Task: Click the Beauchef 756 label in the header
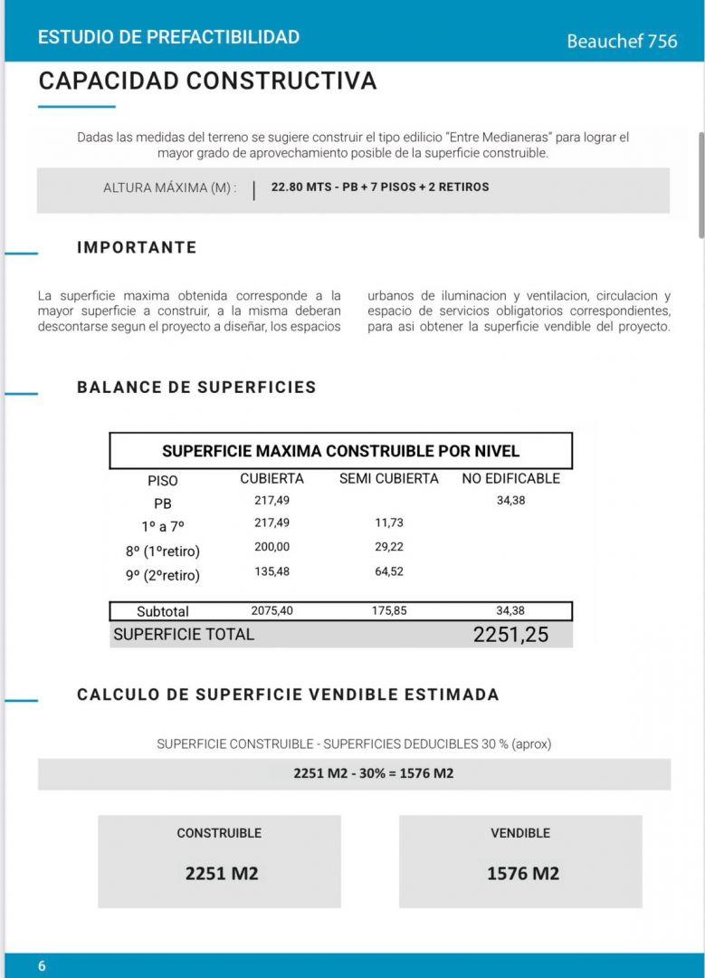tap(622, 41)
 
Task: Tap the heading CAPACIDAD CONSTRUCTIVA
tap(207, 81)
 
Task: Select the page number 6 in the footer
tap(42, 966)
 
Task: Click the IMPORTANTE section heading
tap(137, 247)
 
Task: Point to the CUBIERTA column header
tap(272, 478)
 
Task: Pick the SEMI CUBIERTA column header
tap(388, 478)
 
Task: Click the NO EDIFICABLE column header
tap(510, 478)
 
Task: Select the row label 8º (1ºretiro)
tap(163, 551)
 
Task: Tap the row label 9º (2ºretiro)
tap(163, 575)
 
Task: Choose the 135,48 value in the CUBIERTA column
tap(272, 572)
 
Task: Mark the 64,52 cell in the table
tap(388, 572)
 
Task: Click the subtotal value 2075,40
tap(272, 611)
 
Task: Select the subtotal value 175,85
tap(389, 611)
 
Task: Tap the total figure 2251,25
tap(510, 635)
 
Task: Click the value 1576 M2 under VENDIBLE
tap(523, 874)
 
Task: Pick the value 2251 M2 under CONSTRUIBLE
tap(221, 874)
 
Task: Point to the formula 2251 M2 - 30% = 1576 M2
tap(374, 773)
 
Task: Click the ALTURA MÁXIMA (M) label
tap(170, 187)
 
